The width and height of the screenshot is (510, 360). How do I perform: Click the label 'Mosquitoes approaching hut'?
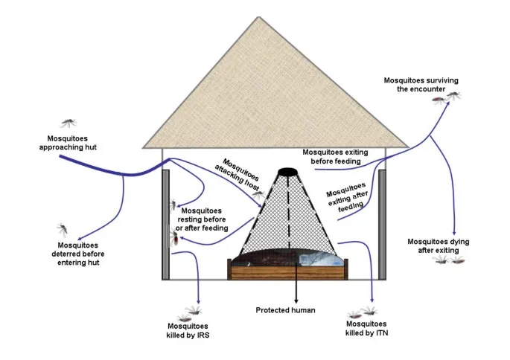(67, 143)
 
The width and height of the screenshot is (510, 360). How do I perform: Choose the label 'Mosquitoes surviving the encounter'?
(414, 84)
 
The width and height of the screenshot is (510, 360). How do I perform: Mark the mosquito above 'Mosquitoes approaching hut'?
(68, 122)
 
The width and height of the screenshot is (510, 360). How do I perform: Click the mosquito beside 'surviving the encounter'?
(453, 95)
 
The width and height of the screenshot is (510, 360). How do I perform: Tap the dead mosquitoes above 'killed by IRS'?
(191, 310)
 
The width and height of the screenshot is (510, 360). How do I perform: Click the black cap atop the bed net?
(287, 174)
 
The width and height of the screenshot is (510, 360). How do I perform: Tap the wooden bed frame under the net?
(287, 271)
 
